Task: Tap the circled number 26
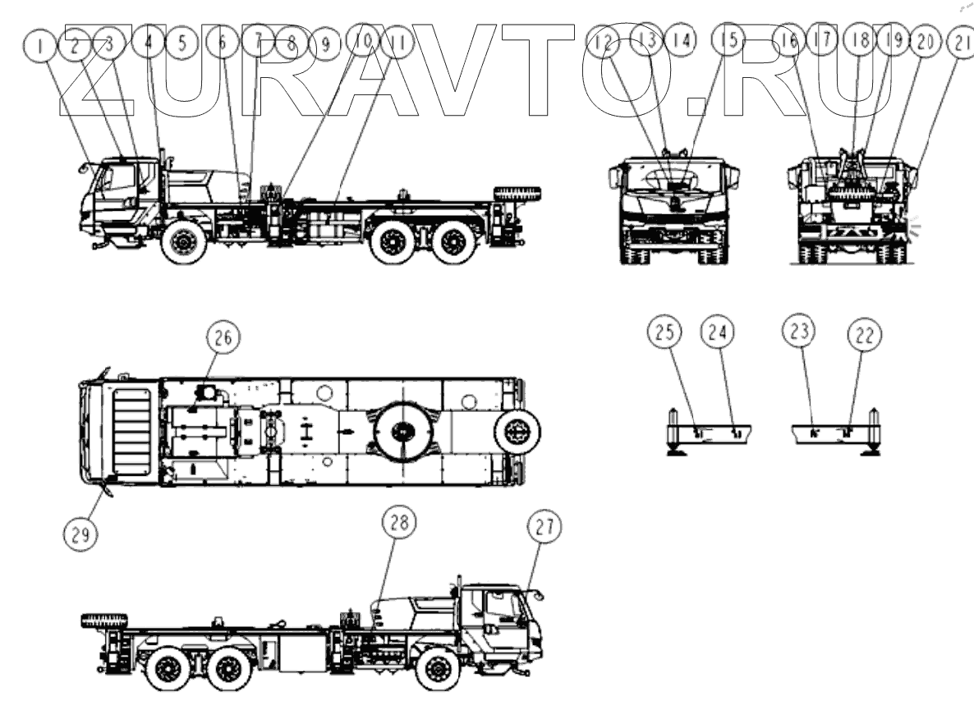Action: [224, 336]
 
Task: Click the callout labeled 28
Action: [400, 524]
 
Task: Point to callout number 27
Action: [545, 530]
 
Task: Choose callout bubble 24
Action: [717, 332]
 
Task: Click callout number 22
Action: [863, 334]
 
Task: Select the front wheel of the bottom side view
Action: [438, 669]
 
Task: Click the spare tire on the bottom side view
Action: [104, 620]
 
